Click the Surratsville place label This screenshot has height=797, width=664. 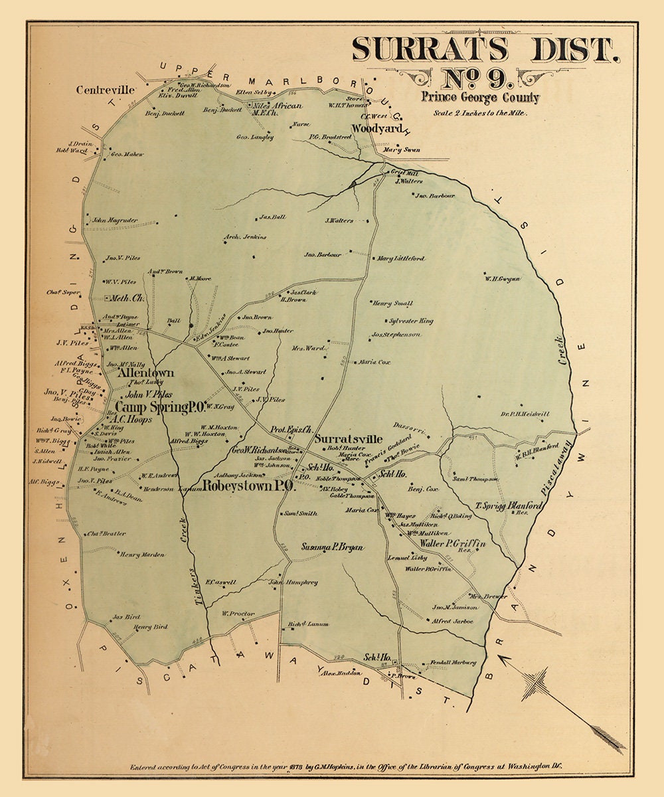349,439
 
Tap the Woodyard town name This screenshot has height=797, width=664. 370,129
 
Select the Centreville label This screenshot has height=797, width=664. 106,90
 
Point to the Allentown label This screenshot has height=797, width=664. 145,373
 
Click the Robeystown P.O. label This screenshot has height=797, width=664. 248,486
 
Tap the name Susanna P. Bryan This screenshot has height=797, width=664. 333,547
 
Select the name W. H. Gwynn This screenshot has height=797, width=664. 503,279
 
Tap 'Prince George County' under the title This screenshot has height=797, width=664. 479,98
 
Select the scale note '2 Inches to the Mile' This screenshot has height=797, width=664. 479,113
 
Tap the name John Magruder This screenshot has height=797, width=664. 115,220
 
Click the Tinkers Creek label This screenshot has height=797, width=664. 188,558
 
